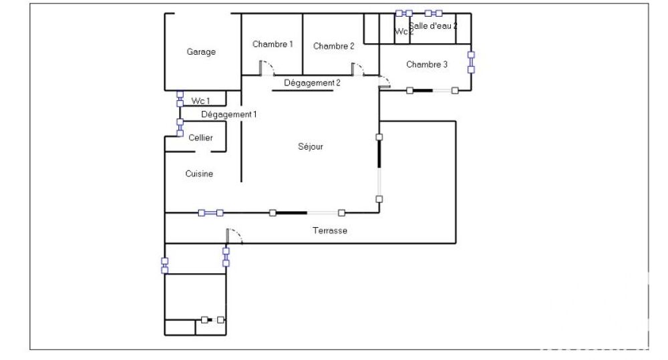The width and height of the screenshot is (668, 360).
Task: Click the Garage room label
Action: pyautogui.click(x=201, y=52)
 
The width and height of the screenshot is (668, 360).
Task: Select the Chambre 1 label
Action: pyautogui.click(x=273, y=45)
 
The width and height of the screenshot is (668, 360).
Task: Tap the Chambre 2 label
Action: pyautogui.click(x=333, y=46)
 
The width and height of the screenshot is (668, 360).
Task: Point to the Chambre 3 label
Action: pyautogui.click(x=427, y=65)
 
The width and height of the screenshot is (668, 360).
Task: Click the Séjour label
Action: pyautogui.click(x=311, y=146)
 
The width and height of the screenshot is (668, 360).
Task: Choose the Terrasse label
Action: pyautogui.click(x=330, y=230)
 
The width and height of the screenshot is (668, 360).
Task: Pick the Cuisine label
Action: pyautogui.click(x=199, y=174)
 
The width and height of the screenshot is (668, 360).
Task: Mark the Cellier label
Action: pyautogui.click(x=200, y=138)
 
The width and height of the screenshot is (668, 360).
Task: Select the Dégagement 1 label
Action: pyautogui.click(x=229, y=114)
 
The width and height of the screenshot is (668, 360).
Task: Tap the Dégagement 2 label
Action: pyautogui.click(x=312, y=83)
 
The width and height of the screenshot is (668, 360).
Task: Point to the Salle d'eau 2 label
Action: pyautogui.click(x=434, y=25)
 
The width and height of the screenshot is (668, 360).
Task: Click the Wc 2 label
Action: pyautogui.click(x=403, y=31)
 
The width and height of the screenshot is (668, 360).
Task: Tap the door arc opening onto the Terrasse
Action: pyautogui.click(x=235, y=234)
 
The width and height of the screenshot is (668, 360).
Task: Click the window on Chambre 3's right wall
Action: pyautogui.click(x=471, y=62)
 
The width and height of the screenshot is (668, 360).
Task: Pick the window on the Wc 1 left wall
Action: pyautogui.click(x=180, y=99)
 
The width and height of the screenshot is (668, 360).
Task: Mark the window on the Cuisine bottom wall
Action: pyautogui.click(x=210, y=213)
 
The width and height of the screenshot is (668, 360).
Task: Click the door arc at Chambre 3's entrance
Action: pyautogui.click(x=385, y=83)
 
